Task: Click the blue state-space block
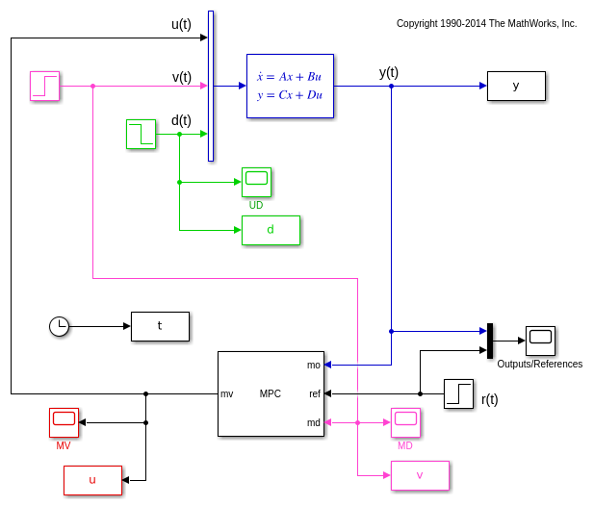[290, 86]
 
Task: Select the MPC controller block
[271, 393]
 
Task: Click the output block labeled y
[516, 86]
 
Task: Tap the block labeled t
[160, 326]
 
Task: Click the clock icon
[60, 326]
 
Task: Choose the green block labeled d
[271, 230]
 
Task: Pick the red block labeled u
[92, 480]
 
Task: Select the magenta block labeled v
[420, 475]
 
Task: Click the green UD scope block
[256, 181]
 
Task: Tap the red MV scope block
[64, 421]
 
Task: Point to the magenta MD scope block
[405, 421]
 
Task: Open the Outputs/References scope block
[540, 340]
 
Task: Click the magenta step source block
[44, 86]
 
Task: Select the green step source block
[141, 134]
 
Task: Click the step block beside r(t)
[458, 393]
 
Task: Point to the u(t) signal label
[181, 24]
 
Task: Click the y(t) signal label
[389, 72]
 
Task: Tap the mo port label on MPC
[314, 365]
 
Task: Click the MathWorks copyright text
[486, 23]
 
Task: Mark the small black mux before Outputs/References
[490, 341]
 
